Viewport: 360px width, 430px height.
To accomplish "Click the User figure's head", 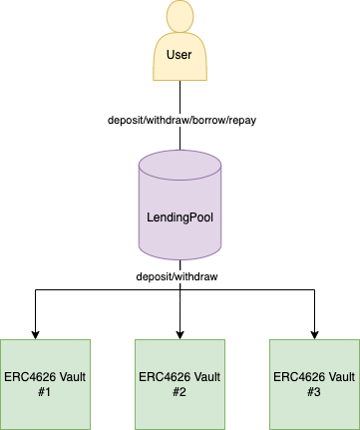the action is point(180,16).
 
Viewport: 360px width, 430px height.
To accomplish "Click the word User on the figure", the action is point(180,55).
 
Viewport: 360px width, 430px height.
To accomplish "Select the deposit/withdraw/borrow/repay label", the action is point(181,120).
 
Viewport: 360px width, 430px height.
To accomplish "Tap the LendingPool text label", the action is point(180,217).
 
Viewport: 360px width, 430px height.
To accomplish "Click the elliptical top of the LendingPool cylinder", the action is point(180,166).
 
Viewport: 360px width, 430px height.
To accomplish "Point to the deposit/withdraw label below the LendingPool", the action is point(177,276).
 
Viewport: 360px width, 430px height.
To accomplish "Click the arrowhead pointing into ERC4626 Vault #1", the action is point(35,335).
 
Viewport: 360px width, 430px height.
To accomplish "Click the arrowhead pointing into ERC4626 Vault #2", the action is point(180,335).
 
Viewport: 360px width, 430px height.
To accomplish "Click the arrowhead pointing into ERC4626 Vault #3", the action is point(314,335).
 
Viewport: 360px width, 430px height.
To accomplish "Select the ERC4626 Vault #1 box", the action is point(45,384).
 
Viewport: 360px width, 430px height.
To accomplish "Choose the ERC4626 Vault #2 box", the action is point(180,384).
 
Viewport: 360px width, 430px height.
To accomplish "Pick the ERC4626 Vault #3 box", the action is point(314,384).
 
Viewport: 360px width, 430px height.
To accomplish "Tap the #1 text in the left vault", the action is point(45,392).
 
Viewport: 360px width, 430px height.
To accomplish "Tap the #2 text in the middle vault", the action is point(180,392).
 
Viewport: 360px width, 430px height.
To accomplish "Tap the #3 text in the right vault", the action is point(314,392).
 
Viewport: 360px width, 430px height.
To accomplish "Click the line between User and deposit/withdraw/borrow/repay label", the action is point(180,97).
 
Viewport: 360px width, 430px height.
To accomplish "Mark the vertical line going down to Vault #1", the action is point(35,310).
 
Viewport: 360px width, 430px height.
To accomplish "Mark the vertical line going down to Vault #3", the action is point(314,310).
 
